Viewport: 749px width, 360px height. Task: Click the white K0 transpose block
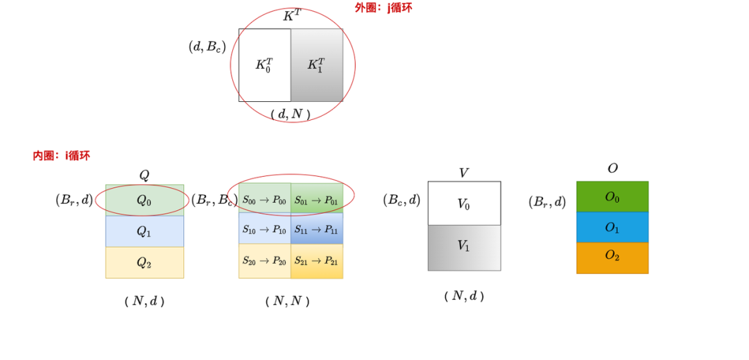click(264, 65)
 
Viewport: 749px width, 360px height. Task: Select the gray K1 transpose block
click(316, 65)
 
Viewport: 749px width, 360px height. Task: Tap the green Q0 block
click(144, 200)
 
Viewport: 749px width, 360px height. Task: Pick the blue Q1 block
click(144, 232)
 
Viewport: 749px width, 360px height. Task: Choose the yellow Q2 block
click(144, 262)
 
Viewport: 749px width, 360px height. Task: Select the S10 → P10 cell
click(264, 229)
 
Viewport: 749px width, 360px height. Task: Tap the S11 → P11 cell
click(316, 229)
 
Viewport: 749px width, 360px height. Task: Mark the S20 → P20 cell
click(264, 261)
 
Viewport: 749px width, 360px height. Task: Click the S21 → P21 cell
click(316, 261)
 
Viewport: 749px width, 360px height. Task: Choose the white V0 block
click(464, 204)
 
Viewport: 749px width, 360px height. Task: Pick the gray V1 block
click(464, 247)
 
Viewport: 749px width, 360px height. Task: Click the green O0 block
click(612, 197)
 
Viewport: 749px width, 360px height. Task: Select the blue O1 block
click(612, 228)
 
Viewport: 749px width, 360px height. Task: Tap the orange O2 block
click(612, 257)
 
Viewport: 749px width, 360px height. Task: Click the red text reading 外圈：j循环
click(383, 8)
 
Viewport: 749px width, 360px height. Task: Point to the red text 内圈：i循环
click(61, 155)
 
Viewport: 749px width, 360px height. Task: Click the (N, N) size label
click(287, 301)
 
